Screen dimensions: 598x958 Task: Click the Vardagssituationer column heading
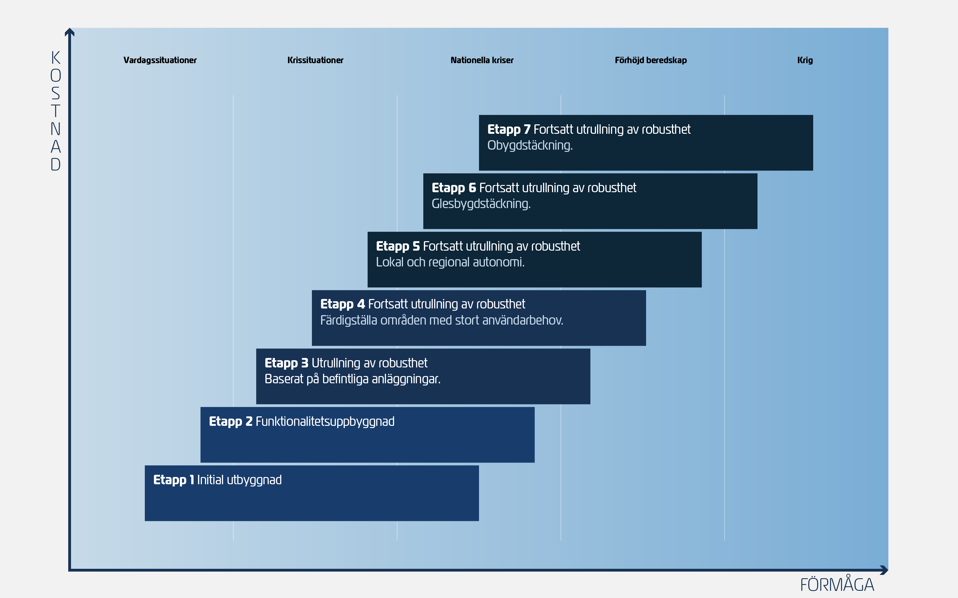pyautogui.click(x=160, y=60)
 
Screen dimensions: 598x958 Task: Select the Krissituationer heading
pyautogui.click(x=315, y=60)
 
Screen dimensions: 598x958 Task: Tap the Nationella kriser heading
pyautogui.click(x=482, y=60)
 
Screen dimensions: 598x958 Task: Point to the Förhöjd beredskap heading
pyautogui.click(x=651, y=60)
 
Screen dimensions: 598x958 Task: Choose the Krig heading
pyautogui.click(x=805, y=60)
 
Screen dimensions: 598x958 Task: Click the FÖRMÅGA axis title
pyautogui.click(x=837, y=585)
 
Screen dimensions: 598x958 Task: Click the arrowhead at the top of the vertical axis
pyautogui.click(x=70, y=32)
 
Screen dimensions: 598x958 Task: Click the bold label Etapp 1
pyautogui.click(x=173, y=480)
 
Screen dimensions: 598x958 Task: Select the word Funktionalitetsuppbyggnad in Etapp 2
pyautogui.click(x=325, y=422)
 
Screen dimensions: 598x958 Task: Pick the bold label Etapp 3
pyautogui.click(x=286, y=363)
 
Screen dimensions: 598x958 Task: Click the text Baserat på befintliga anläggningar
pyautogui.click(x=352, y=379)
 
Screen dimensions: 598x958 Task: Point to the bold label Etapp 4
pyautogui.click(x=343, y=304)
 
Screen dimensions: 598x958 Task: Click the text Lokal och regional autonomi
pyautogui.click(x=450, y=262)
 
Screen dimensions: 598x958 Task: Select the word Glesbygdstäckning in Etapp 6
pyautogui.click(x=481, y=204)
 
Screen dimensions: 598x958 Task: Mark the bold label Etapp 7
pyautogui.click(x=509, y=129)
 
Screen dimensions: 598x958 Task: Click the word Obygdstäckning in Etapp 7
pyautogui.click(x=530, y=145)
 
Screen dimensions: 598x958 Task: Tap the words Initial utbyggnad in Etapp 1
pyautogui.click(x=239, y=480)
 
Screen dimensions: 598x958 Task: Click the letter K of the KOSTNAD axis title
pyautogui.click(x=56, y=58)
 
